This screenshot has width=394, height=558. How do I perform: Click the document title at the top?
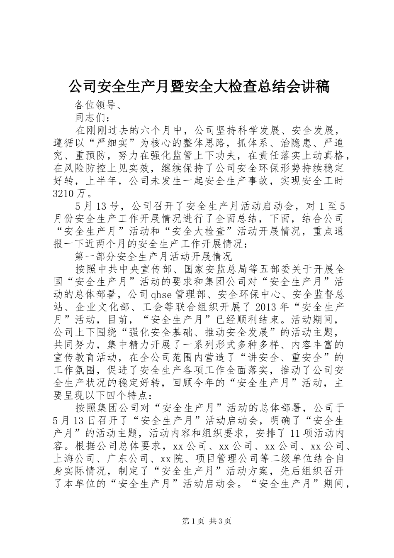point(198,87)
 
